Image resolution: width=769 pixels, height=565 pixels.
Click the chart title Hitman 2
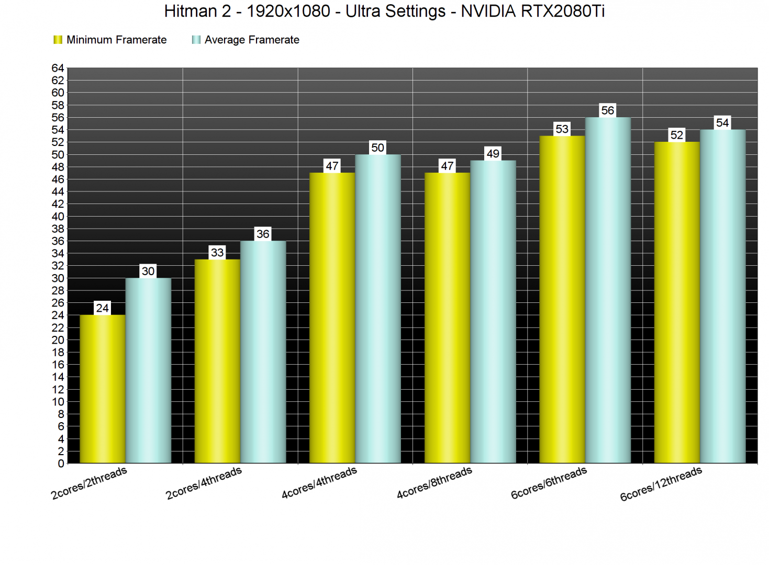pyautogui.click(x=384, y=11)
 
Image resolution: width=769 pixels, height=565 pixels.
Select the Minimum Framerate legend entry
pyautogui.click(x=110, y=40)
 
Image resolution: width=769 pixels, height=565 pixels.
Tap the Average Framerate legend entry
pyautogui.click(x=246, y=40)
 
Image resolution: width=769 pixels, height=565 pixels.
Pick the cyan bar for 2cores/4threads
pyautogui.click(x=263, y=352)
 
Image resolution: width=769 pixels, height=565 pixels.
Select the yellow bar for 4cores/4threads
pyautogui.click(x=332, y=318)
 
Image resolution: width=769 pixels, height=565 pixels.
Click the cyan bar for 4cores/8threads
pyautogui.click(x=493, y=311)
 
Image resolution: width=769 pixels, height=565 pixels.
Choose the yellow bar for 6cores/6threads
pyautogui.click(x=562, y=299)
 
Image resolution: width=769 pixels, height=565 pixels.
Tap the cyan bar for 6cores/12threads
pyautogui.click(x=722, y=296)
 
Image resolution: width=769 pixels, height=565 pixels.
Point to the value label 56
pyautogui.click(x=607, y=110)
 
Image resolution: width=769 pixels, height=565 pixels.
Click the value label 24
pyautogui.click(x=103, y=308)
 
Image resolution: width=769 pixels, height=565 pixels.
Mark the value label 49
pyautogui.click(x=493, y=154)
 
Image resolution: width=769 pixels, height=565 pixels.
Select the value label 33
pyautogui.click(x=217, y=253)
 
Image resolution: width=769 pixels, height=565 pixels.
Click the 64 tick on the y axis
pyautogui.click(x=58, y=68)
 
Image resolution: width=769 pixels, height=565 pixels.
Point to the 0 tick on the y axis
pyautogui.click(x=61, y=464)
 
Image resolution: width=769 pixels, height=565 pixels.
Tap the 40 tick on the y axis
pyautogui.click(x=58, y=217)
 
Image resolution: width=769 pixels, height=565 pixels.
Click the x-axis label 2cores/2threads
pyautogui.click(x=89, y=483)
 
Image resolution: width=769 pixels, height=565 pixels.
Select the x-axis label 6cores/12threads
pyautogui.click(x=661, y=484)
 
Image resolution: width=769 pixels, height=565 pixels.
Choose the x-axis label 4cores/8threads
pyautogui.click(x=434, y=483)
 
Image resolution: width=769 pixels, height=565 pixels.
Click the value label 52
pyautogui.click(x=676, y=135)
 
